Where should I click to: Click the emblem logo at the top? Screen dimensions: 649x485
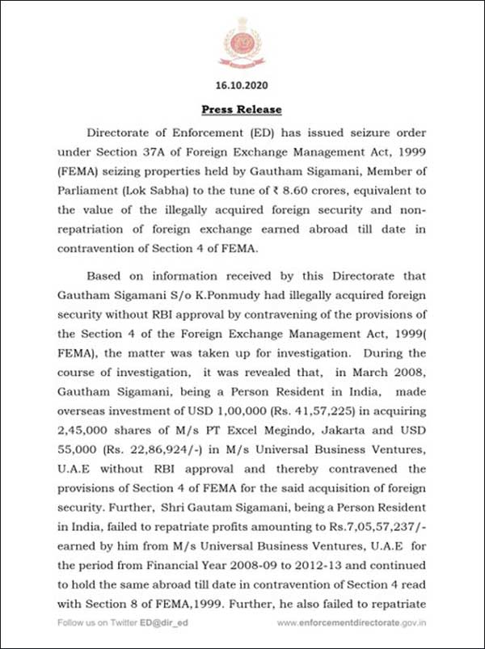pyautogui.click(x=242, y=42)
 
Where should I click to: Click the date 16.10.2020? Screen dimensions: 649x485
pyautogui.click(x=242, y=84)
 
